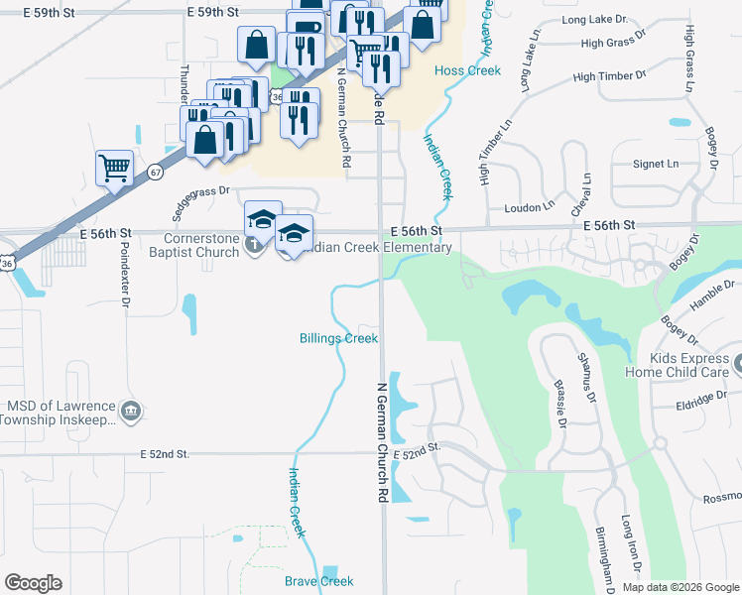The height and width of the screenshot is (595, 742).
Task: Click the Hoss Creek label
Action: click(467, 70)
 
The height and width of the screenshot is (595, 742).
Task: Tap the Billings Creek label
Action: click(338, 338)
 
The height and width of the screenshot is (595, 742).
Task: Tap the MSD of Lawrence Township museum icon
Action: click(130, 411)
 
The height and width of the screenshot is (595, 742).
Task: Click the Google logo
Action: click(34, 583)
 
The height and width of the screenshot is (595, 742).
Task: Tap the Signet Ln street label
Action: click(656, 163)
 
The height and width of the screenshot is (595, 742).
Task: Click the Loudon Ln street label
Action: click(530, 206)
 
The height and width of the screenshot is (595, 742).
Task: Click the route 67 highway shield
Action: click(156, 172)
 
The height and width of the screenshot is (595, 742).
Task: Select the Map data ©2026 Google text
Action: click(680, 587)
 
